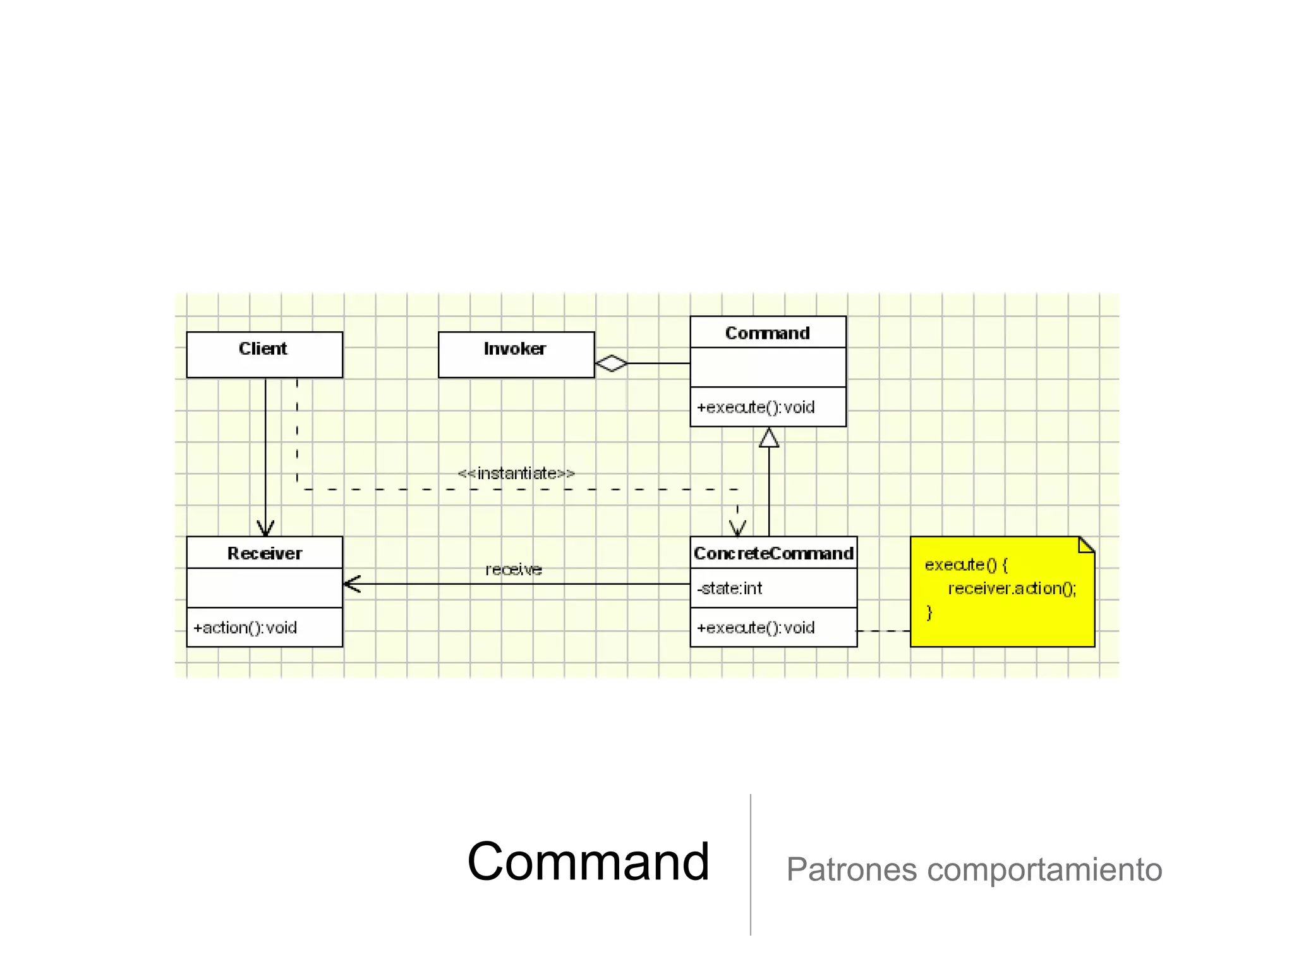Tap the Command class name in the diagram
[767, 333]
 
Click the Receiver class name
[264, 553]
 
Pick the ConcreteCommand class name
[773, 553]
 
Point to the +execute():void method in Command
[756, 407]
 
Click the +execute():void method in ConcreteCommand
[756, 628]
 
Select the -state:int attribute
[730, 589]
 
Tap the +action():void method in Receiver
[245, 628]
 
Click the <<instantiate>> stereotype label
[516, 473]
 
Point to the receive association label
[514, 570]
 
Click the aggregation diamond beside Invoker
[611, 363]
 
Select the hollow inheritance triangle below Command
[768, 437]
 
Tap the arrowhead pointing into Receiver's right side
[352, 584]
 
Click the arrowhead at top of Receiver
[265, 528]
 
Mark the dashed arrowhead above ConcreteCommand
[737, 528]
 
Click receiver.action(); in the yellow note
[1012, 589]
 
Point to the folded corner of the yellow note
[1087, 544]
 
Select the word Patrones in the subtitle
[851, 869]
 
